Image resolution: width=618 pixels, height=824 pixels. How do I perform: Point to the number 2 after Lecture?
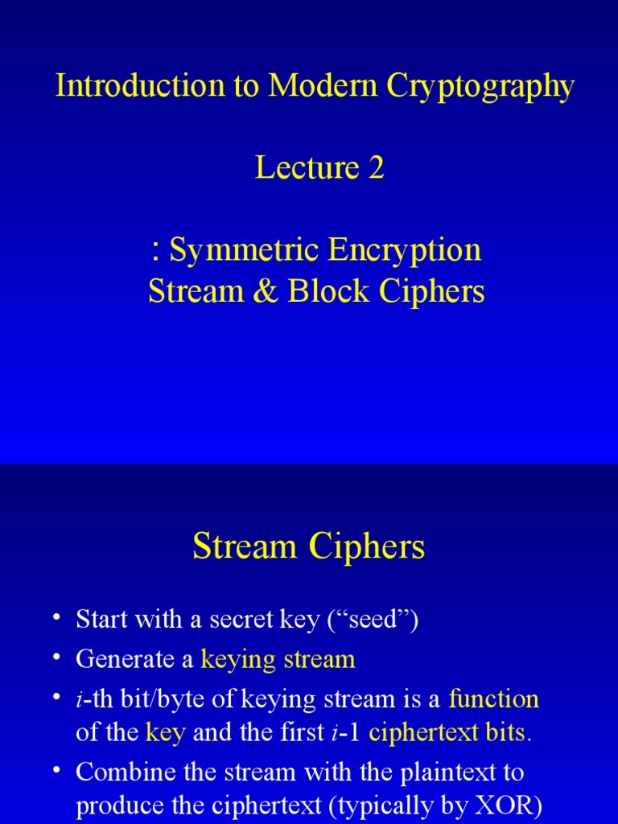pyautogui.click(x=376, y=168)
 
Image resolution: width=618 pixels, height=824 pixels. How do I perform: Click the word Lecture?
pyautogui.click(x=307, y=168)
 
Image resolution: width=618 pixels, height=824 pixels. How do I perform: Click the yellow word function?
pyautogui.click(x=493, y=699)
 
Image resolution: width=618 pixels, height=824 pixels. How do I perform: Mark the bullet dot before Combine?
pyautogui.click(x=56, y=772)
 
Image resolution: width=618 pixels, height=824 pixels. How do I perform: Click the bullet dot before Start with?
pyautogui.click(x=56, y=618)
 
